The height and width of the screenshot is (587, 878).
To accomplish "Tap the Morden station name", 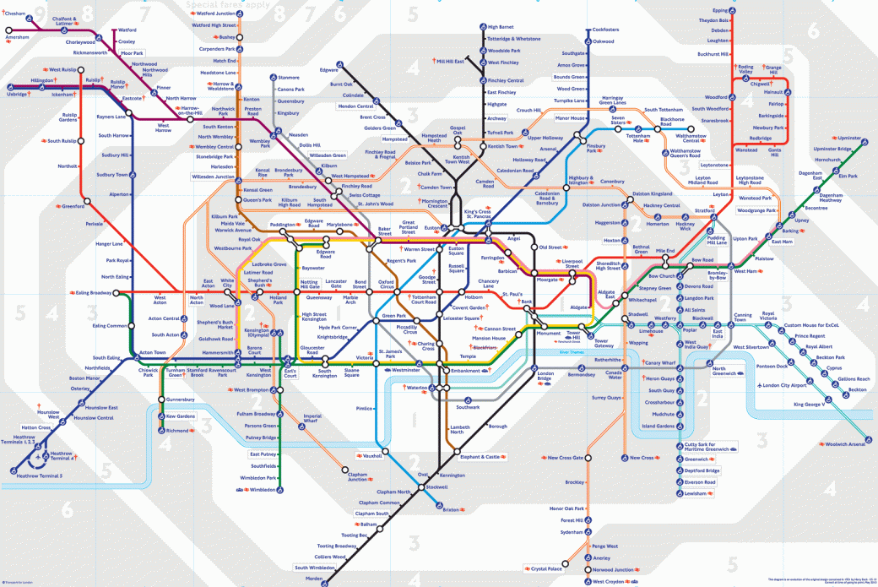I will [x=314, y=579].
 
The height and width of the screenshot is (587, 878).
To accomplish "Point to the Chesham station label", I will [x=15, y=14].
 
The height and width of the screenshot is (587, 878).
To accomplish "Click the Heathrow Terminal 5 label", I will [x=40, y=476].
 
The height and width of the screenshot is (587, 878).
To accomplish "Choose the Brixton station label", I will [x=451, y=509].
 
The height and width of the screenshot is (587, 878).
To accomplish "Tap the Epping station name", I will [x=718, y=10].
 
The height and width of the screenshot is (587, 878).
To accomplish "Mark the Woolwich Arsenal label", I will [x=845, y=444].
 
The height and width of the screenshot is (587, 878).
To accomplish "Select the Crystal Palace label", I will [x=546, y=568].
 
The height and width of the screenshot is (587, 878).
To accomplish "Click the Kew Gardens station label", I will [x=181, y=416].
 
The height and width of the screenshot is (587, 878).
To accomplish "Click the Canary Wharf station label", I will [x=663, y=363].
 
